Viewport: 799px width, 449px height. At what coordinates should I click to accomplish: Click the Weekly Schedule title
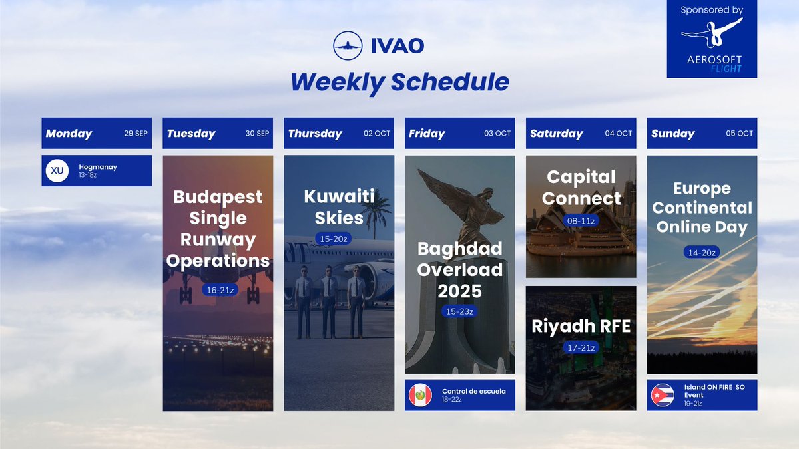tap(400, 82)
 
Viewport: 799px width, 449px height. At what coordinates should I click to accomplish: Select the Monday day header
tap(69, 133)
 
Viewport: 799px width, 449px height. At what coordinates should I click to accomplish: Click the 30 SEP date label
tap(257, 133)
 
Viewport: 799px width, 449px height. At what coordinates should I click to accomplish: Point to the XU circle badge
tap(57, 170)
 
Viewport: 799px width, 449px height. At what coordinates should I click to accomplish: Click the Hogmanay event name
tap(97, 167)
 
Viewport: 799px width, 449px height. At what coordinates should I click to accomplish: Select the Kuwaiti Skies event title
tap(339, 207)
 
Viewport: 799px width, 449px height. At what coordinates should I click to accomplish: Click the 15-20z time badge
tap(333, 239)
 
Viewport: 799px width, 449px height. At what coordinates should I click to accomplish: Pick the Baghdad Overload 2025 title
tap(459, 269)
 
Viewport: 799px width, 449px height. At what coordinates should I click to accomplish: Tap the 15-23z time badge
tap(459, 311)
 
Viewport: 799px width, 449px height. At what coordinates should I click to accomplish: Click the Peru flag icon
tap(420, 395)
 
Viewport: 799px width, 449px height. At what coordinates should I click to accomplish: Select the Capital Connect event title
tap(581, 187)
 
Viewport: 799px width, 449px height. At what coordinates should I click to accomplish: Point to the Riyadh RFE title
tap(581, 326)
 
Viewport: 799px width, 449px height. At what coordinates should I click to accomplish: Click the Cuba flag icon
tap(663, 395)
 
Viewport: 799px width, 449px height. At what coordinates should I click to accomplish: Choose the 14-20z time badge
tap(702, 252)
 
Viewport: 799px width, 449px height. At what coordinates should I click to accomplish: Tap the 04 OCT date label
tap(618, 133)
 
